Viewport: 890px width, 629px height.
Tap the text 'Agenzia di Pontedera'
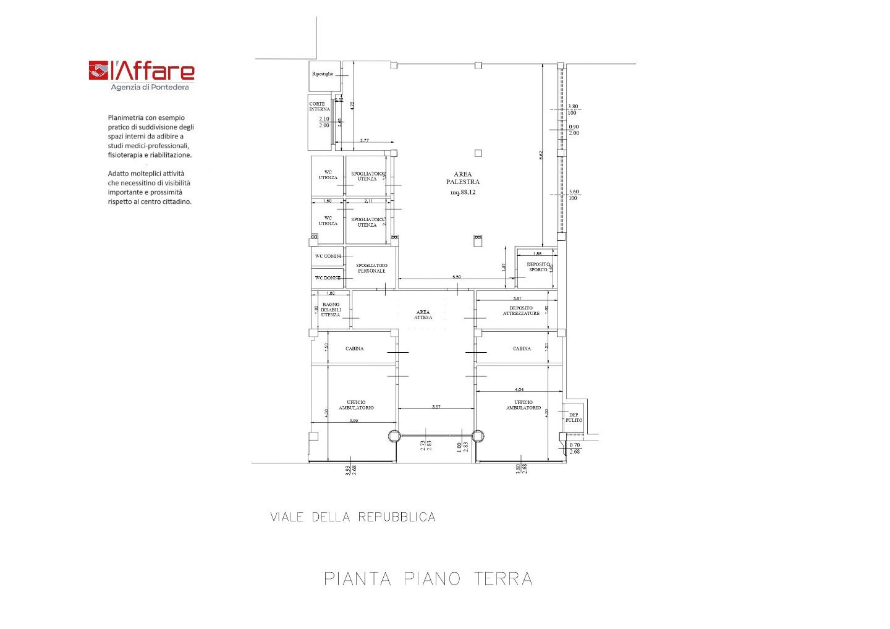pos(150,88)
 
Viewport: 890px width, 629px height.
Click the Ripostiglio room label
pos(323,74)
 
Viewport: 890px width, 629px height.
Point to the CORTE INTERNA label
pos(320,106)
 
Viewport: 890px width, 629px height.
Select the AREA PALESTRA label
pos(463,178)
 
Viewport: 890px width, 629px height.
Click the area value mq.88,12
pos(463,193)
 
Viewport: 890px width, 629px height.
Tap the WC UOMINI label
pos(328,256)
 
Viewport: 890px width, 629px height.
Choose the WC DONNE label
pos(328,278)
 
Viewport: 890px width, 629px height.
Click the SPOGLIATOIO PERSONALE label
pos(371,268)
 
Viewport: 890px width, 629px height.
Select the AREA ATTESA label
pos(423,314)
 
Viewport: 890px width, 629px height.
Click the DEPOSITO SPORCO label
pos(537,267)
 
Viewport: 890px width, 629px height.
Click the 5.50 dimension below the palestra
pos(457,277)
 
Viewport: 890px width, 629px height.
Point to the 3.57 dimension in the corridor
pos(436,407)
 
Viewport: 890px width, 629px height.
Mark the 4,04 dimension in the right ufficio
pos(519,390)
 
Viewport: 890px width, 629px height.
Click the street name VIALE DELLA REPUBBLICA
pos(353,517)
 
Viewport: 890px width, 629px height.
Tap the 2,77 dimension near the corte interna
pos(363,141)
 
